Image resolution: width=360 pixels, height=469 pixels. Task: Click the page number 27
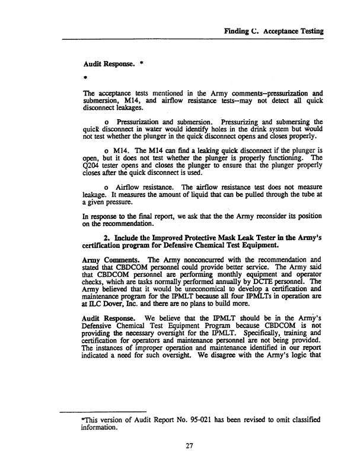click(x=190, y=446)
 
